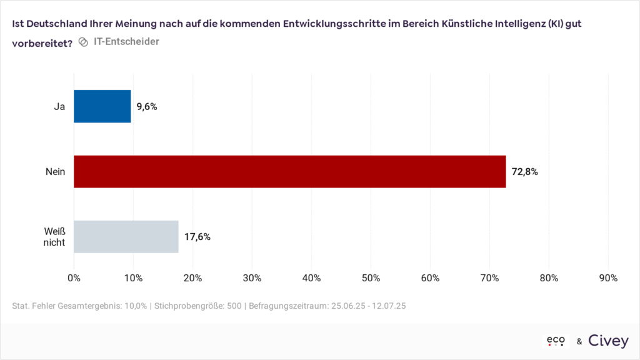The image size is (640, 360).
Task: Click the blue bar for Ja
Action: point(102,106)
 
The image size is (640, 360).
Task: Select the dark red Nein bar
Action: point(289,171)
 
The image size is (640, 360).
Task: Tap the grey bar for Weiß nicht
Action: point(126,236)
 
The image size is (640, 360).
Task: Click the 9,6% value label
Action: point(147,106)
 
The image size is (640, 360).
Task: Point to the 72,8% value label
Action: point(525,172)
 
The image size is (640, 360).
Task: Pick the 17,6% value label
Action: point(197,237)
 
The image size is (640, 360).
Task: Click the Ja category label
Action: point(59,106)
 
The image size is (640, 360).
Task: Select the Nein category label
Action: point(55,172)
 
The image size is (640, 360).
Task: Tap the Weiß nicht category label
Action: point(54,237)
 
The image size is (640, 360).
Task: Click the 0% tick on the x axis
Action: point(74,278)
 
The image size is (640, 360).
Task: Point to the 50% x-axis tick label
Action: point(371,278)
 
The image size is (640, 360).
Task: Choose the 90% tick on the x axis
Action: point(608,278)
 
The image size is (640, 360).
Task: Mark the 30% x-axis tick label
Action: point(252,278)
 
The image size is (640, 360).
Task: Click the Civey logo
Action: point(608,341)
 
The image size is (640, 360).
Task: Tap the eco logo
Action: point(556,341)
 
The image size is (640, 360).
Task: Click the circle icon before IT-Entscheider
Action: point(83,43)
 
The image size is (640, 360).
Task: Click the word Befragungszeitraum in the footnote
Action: point(286,306)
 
